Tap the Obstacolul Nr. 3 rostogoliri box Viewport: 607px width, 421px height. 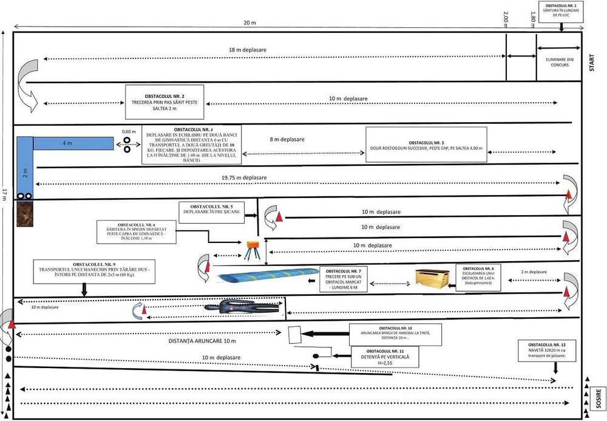point(426,145)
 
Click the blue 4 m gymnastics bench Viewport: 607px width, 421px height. point(73,143)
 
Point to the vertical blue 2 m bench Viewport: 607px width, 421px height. point(25,170)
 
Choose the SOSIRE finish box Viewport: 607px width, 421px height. point(598,399)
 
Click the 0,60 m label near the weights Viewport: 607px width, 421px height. point(129,131)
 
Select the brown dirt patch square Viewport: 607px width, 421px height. point(25,214)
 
